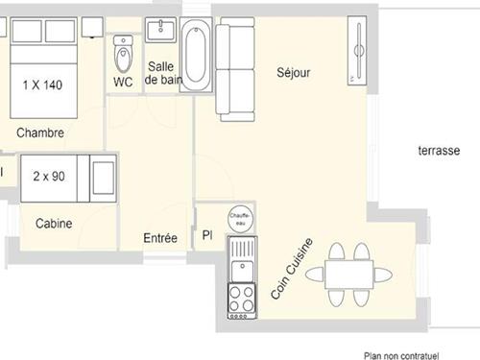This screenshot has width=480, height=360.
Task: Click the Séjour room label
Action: coord(294,73)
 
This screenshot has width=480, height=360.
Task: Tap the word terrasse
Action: coord(440,151)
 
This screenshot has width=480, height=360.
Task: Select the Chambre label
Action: coord(40,132)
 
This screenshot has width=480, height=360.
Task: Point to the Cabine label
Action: coord(54,224)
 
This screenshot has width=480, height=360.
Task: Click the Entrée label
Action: coord(160,237)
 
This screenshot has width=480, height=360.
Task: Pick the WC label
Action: coord(123,82)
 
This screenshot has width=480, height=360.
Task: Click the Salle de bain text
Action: coord(161,73)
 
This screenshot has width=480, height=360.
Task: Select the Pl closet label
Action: coord(206,235)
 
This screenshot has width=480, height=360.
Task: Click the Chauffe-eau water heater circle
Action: coord(240,218)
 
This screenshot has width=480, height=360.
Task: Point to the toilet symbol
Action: coord(123,53)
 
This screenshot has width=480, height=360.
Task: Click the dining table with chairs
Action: coord(347,275)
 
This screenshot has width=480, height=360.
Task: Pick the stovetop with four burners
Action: coord(240,299)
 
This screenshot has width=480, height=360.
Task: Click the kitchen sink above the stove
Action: coord(240,258)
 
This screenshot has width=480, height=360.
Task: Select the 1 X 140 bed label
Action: coord(42,85)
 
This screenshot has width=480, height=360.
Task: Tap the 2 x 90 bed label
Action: coord(47,177)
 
